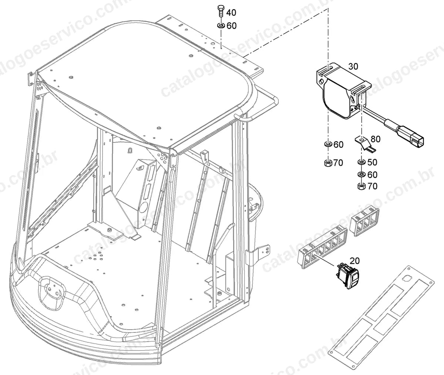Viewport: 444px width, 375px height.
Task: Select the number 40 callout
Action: click(231, 13)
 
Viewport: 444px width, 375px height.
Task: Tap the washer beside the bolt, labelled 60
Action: click(221, 26)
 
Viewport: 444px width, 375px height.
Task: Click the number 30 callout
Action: click(353, 66)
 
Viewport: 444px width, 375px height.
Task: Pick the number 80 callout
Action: click(376, 139)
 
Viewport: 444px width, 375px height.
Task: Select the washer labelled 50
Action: click(361, 162)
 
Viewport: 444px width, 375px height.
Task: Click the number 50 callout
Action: click(372, 162)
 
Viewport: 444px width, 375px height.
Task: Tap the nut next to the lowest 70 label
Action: click(361, 186)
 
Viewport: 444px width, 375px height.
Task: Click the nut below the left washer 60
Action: click(328, 163)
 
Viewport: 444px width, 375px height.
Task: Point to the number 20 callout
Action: click(354, 261)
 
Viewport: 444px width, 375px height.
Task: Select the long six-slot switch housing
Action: click(323, 247)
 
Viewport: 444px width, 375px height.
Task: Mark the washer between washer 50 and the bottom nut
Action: click(361, 175)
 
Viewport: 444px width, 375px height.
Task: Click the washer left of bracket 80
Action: click(328, 145)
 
